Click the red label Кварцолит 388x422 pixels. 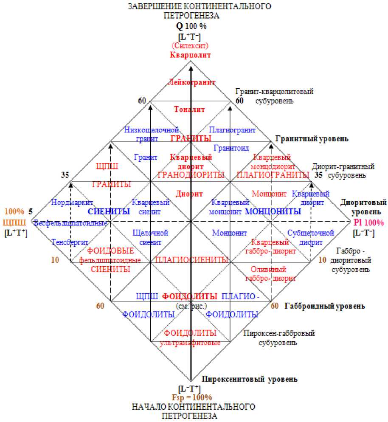pos(191,55)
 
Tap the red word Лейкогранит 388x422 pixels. pos(192,82)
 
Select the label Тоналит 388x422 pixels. pos(189,109)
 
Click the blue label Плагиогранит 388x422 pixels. pos(233,129)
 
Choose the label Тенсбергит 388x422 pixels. pos(70,242)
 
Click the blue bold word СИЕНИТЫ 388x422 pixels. pos(109,211)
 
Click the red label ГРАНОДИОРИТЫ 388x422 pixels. pos(191,174)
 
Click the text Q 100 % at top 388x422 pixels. pos(191,26)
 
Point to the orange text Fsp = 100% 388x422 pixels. pos(191,397)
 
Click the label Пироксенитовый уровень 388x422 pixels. pos(249,379)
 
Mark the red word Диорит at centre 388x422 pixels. pos(190,194)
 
